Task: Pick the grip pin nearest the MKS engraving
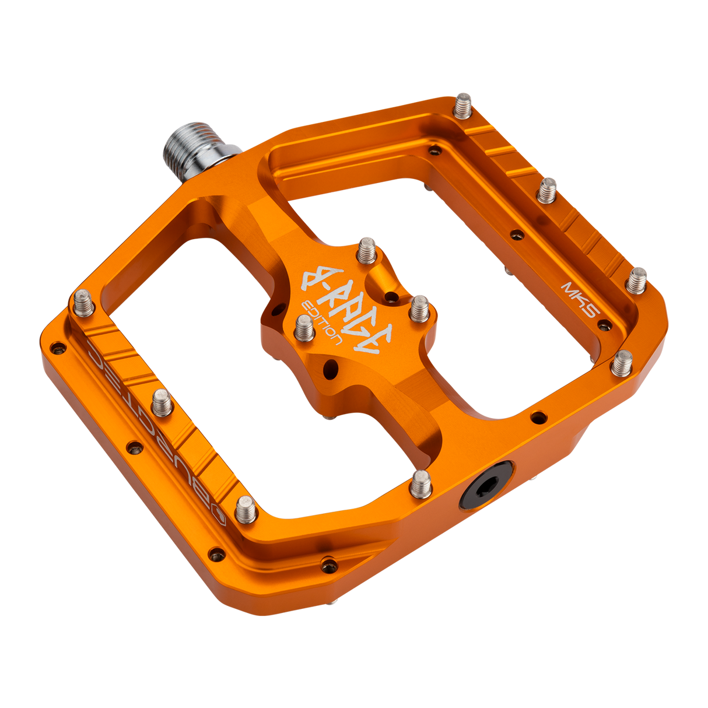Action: pyautogui.click(x=637, y=279)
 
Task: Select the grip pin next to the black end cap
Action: pyautogui.click(x=420, y=482)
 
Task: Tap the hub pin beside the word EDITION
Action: pyautogui.click(x=304, y=328)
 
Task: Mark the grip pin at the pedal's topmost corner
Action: pyautogui.click(x=463, y=105)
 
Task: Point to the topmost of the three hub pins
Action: pyautogui.click(x=367, y=249)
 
